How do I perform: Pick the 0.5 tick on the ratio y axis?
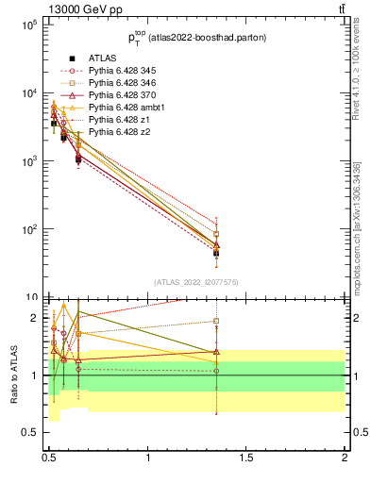(29, 433)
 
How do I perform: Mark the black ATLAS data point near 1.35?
(216, 253)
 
